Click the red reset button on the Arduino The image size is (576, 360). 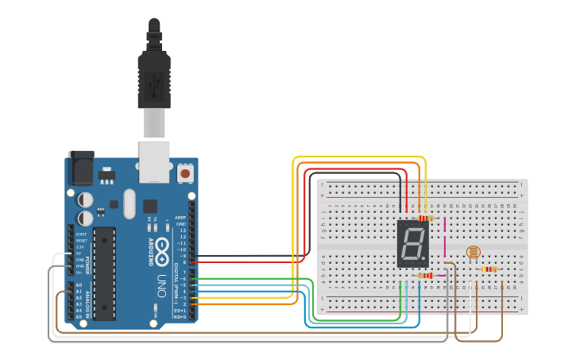(185, 172)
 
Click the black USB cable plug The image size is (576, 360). (154, 79)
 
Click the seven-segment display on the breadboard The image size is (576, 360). (413, 243)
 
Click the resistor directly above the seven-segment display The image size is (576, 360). (426, 218)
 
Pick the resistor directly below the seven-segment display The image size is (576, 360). (426, 276)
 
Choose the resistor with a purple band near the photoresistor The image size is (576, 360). (489, 269)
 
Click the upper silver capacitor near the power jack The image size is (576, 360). (85, 199)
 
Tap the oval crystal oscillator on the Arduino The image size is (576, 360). (130, 203)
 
